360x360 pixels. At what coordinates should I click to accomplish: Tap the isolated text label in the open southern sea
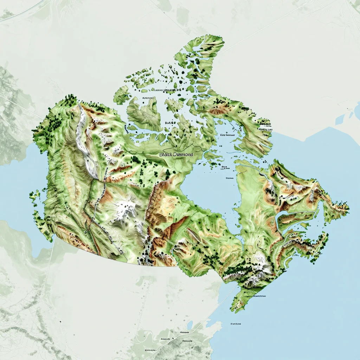(x=236, y=323)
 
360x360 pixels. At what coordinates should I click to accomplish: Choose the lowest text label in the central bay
(x=230, y=178)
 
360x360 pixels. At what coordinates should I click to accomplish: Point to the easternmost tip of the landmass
(x=348, y=207)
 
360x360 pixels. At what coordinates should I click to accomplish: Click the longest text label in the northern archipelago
(x=164, y=90)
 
